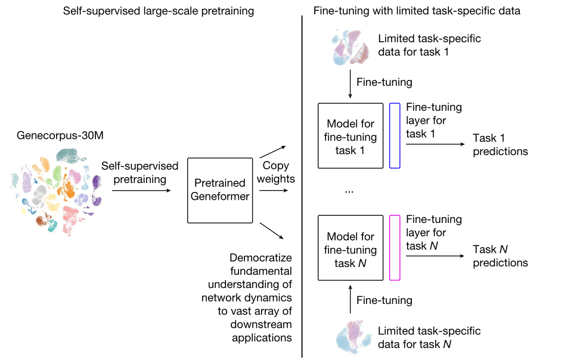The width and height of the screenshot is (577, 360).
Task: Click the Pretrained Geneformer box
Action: (x=219, y=190)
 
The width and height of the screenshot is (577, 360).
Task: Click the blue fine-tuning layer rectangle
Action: (x=395, y=135)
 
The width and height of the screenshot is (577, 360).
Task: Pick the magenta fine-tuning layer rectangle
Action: (x=395, y=247)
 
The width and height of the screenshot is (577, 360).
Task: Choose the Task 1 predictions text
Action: (x=500, y=145)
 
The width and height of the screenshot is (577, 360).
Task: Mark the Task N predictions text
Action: (x=500, y=256)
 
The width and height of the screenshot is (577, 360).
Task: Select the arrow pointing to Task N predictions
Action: (x=435, y=256)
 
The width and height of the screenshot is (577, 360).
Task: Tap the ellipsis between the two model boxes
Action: (x=349, y=191)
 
